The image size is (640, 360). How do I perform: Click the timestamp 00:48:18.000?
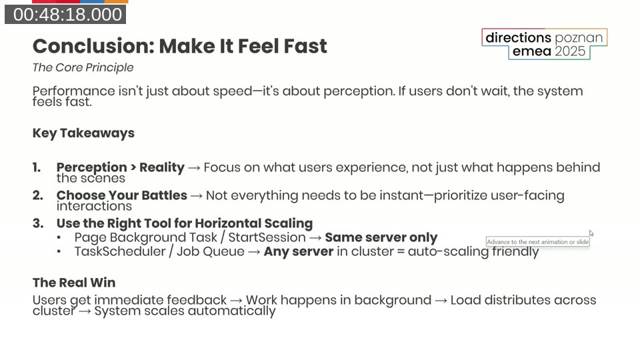(x=65, y=15)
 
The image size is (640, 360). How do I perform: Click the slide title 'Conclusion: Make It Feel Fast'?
(x=179, y=46)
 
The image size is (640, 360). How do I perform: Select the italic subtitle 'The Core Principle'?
(x=83, y=67)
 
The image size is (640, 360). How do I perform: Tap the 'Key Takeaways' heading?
(x=83, y=133)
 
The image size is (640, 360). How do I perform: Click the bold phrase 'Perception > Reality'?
(x=120, y=167)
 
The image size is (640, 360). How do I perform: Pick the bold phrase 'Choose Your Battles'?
(x=121, y=195)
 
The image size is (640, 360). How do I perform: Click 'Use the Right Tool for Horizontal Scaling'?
(x=184, y=223)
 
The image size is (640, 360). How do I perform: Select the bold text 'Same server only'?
(x=381, y=237)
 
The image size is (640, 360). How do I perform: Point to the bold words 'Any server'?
(x=298, y=252)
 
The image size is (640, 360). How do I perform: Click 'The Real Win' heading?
(x=74, y=283)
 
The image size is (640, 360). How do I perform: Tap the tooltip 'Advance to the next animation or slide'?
(x=537, y=242)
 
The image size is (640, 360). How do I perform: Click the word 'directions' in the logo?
(x=518, y=38)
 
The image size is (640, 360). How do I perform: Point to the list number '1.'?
(x=37, y=167)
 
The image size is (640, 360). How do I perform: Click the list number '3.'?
(x=37, y=223)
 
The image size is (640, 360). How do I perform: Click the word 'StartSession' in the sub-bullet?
(x=267, y=237)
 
